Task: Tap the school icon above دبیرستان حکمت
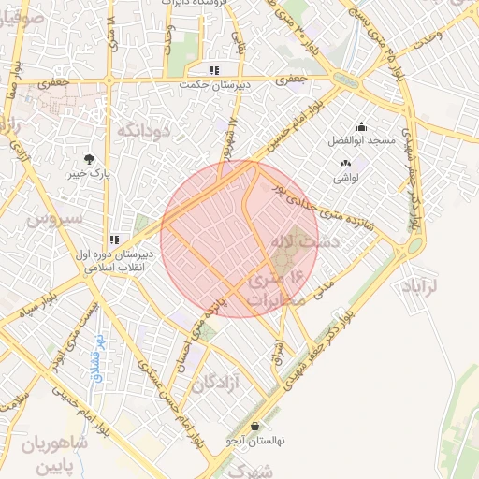[214, 70]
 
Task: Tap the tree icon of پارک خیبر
[89, 158]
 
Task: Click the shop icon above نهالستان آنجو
[254, 426]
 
